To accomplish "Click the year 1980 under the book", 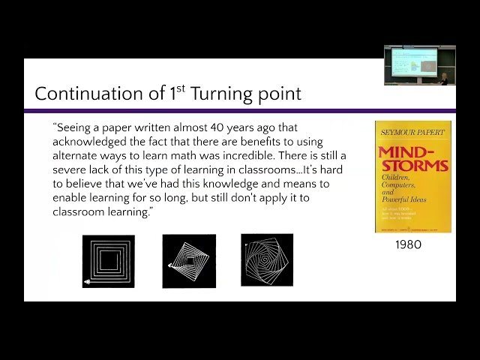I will pos(408,244).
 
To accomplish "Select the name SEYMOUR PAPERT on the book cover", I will pos(412,133).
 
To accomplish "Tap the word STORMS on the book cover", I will pos(413,165).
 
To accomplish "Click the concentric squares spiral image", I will pos(108,261).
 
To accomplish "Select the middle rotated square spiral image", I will pos(189,261).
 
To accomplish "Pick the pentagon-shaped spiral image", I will pos(267,259).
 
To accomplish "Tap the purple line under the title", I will pos(240,110).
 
